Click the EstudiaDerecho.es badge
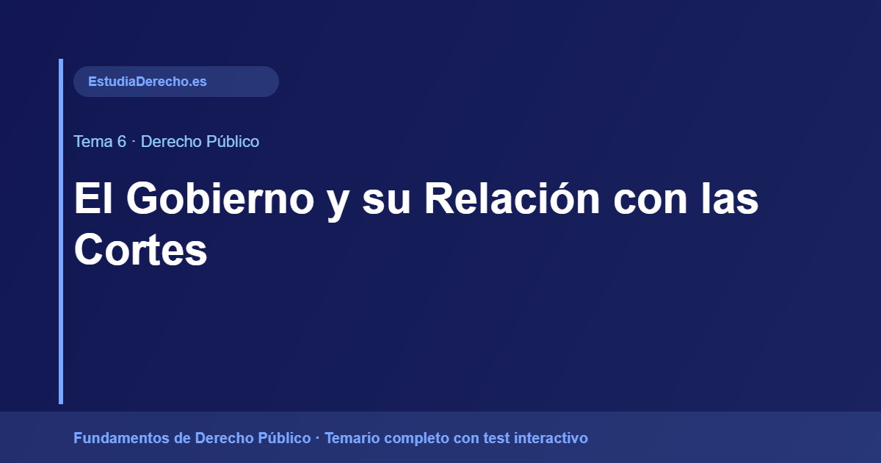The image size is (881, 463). click(175, 82)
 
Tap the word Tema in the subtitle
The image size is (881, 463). click(90, 142)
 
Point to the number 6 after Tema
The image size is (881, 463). click(121, 142)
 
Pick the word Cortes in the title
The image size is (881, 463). click(140, 250)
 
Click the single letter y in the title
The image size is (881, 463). click(338, 202)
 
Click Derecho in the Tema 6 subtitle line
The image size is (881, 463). click(170, 142)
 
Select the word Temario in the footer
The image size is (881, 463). click(350, 439)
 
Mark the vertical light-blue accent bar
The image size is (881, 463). click(61, 232)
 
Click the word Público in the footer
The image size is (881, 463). click(284, 439)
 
